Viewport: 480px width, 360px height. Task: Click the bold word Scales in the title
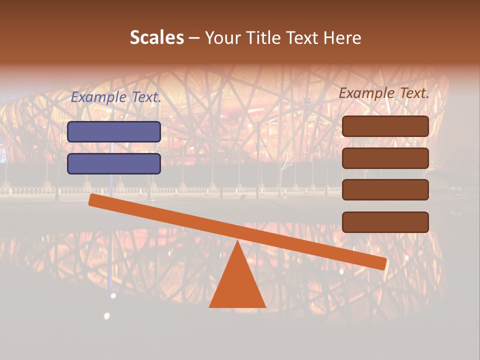(x=157, y=38)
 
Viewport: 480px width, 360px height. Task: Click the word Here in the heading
(x=341, y=38)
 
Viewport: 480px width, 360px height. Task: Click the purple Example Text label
(x=116, y=97)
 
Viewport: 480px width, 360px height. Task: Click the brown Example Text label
(x=384, y=93)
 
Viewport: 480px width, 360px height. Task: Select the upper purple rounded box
(x=114, y=131)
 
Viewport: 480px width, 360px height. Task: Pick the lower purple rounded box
(x=114, y=163)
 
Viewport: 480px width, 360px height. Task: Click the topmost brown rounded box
(x=385, y=126)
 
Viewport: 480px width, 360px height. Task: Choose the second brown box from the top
(x=385, y=158)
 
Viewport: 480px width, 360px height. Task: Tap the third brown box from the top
(x=385, y=190)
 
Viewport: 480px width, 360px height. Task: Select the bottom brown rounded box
(x=385, y=222)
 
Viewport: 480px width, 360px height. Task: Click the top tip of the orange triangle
(x=237, y=242)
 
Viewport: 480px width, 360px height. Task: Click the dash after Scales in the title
(x=194, y=38)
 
